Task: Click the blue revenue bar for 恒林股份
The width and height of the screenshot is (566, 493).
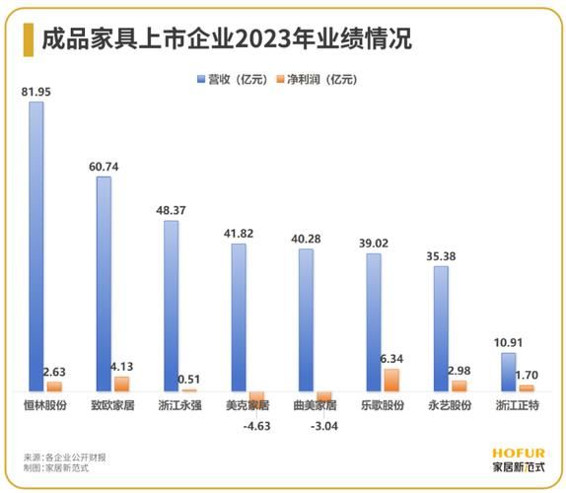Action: point(35,246)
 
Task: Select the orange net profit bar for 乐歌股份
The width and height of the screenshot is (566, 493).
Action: point(391,380)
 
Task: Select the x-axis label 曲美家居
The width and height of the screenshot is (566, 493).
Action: point(315,406)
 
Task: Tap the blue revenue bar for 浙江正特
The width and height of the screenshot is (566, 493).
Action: point(508,372)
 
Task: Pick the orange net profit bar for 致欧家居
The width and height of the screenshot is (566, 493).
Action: point(121,384)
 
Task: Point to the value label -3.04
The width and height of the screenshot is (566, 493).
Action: point(322,427)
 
